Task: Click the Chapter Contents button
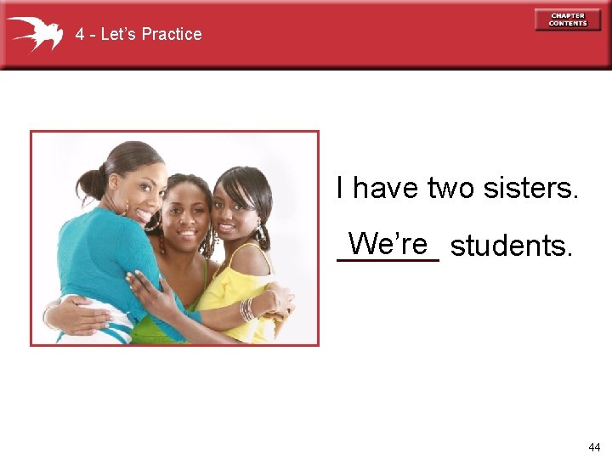tap(567, 20)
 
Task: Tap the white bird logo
tap(35, 33)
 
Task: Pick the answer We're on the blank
tap(387, 244)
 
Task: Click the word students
tap(512, 246)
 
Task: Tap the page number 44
tap(594, 446)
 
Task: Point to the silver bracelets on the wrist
tap(247, 309)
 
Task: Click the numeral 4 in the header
tap(79, 35)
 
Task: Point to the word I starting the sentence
tap(341, 188)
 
